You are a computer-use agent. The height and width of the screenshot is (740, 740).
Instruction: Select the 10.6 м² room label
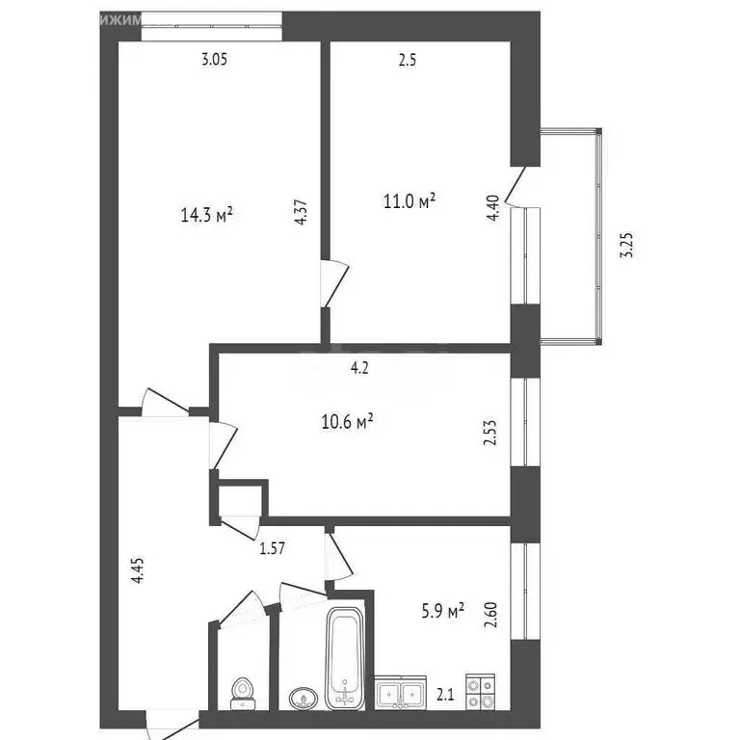point(346,421)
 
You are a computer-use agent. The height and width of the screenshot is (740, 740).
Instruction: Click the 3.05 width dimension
point(215,60)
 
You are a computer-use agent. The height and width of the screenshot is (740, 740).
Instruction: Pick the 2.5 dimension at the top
point(408,60)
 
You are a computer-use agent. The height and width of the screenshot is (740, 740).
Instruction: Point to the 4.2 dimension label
point(358,366)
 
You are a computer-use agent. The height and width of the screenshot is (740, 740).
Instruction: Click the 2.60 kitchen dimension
point(493,614)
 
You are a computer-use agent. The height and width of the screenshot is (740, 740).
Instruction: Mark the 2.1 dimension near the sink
point(446,692)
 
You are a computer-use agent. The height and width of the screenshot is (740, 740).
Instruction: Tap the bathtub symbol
point(345,658)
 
